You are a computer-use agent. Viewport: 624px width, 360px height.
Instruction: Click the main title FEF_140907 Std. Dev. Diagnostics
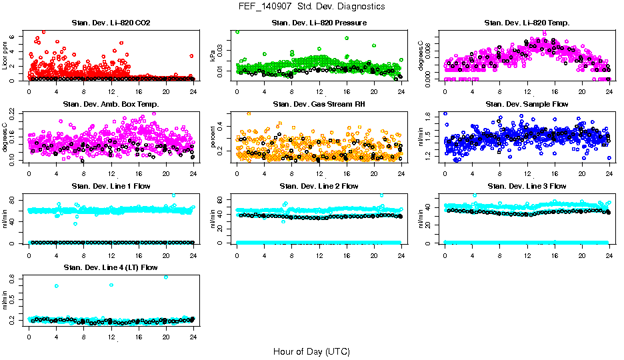click(x=311, y=7)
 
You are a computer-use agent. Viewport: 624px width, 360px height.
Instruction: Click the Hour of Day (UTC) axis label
click(x=311, y=351)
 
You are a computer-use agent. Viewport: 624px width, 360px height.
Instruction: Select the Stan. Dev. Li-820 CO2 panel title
click(x=111, y=23)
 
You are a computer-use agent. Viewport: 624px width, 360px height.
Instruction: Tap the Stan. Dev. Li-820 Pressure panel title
click(x=319, y=23)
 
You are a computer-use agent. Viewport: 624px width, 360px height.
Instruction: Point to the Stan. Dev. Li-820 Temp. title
click(x=527, y=23)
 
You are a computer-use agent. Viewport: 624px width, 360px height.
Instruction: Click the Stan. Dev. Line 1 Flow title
click(x=111, y=186)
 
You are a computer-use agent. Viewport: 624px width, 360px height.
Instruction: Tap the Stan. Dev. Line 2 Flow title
click(x=319, y=186)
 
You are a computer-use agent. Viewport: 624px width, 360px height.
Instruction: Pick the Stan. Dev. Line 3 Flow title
click(x=527, y=186)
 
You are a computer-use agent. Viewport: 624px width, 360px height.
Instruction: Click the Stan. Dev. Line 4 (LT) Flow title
click(x=111, y=267)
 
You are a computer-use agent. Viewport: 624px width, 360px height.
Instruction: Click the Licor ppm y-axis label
click(x=5, y=56)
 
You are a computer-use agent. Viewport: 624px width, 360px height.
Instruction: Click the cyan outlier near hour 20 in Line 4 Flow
click(x=165, y=277)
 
